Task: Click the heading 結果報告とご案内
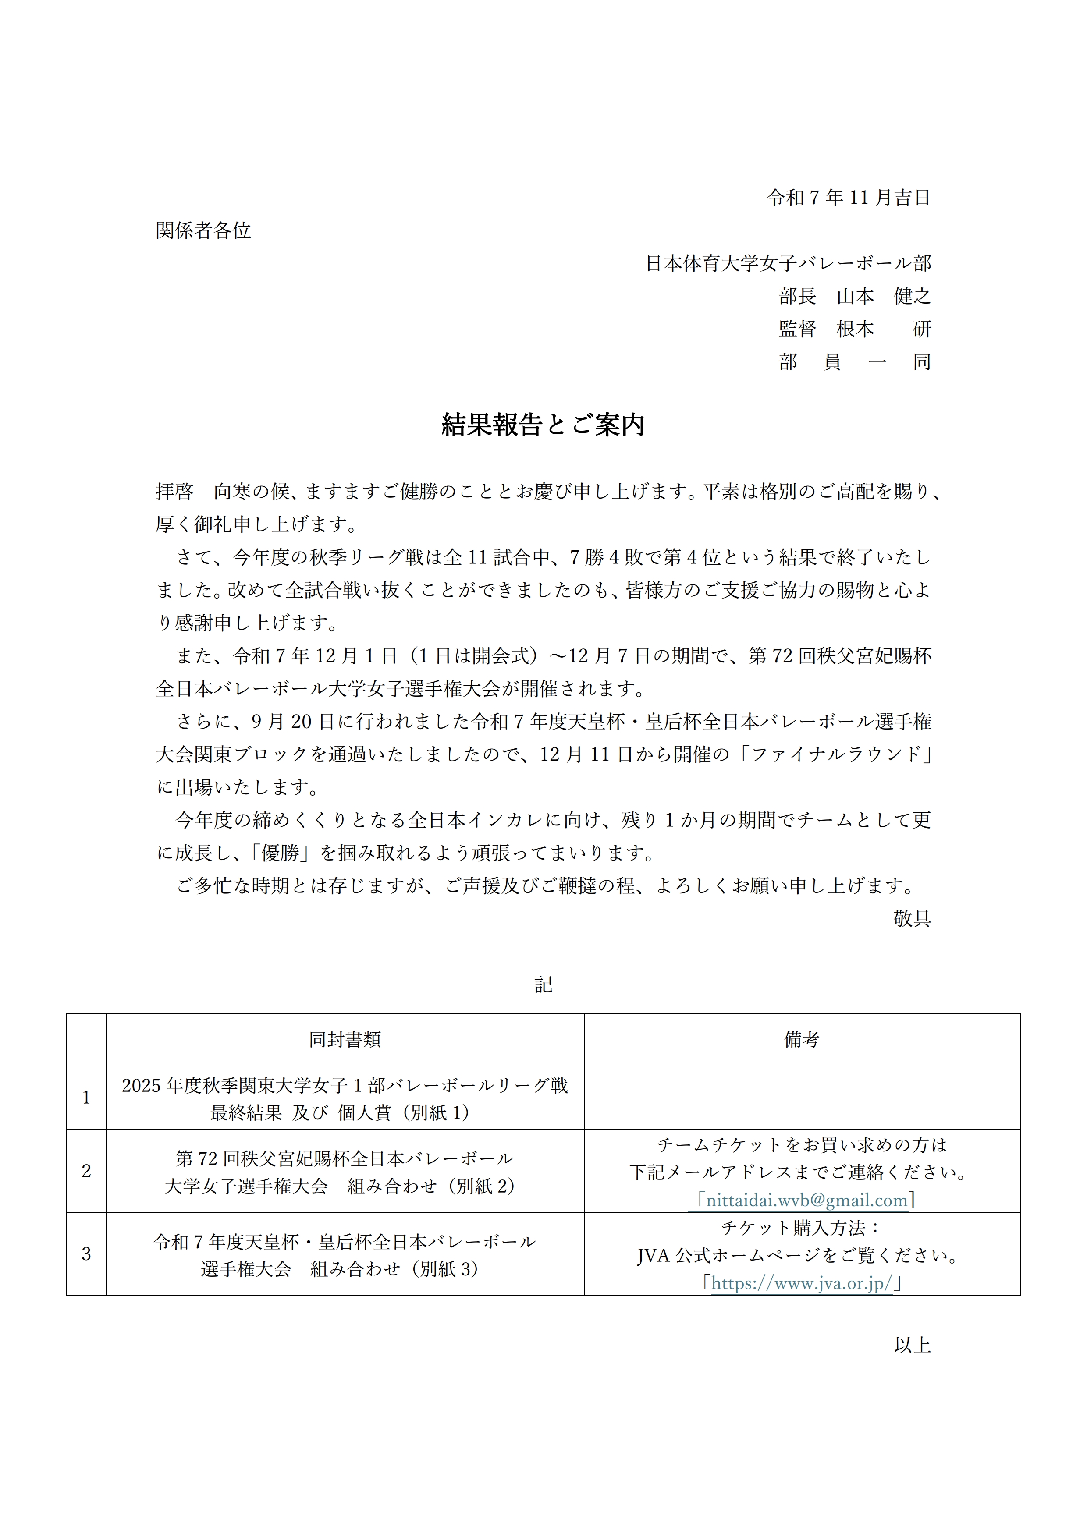point(543,425)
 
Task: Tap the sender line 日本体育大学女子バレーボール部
point(788,263)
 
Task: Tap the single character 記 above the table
point(543,984)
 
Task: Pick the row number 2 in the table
point(86,1171)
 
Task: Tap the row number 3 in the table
point(86,1254)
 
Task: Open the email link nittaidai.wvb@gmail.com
point(806,1200)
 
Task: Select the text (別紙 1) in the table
point(439,1112)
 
